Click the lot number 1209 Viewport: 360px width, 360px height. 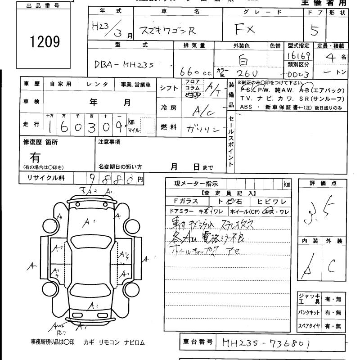[44, 41]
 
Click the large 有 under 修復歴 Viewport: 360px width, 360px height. [35, 157]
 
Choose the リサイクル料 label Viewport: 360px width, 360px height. [44, 178]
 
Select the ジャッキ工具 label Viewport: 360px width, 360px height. [309, 298]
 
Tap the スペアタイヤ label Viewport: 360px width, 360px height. [309, 326]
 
